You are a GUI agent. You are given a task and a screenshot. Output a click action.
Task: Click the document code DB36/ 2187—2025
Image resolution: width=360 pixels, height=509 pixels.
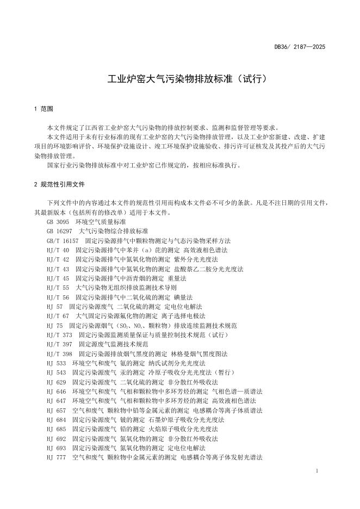click(300, 47)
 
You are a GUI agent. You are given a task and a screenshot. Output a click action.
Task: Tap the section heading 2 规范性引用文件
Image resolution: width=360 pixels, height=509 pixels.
click(59, 184)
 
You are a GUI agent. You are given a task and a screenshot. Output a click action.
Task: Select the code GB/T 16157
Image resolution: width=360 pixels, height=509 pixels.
click(63, 240)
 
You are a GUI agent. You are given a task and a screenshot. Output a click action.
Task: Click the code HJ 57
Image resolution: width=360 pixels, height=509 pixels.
click(55, 306)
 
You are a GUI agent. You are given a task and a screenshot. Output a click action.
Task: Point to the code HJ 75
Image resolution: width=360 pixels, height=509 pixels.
click(55, 325)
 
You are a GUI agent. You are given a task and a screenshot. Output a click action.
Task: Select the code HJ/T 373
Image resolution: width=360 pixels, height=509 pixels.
click(60, 334)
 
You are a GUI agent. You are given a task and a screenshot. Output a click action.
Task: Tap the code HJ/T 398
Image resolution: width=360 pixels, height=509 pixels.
click(60, 353)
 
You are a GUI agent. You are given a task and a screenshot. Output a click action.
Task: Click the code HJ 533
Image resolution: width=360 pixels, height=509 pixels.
click(57, 363)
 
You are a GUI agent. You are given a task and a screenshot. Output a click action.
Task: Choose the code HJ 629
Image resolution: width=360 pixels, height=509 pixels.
click(57, 382)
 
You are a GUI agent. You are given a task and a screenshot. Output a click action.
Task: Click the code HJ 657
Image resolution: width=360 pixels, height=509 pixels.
click(57, 410)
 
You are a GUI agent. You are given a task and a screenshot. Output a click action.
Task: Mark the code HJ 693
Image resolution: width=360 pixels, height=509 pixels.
click(57, 448)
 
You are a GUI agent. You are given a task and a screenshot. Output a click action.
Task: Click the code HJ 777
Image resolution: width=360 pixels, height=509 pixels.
click(57, 457)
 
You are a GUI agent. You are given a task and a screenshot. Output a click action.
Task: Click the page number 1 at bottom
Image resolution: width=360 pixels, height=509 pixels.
click(316, 470)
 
